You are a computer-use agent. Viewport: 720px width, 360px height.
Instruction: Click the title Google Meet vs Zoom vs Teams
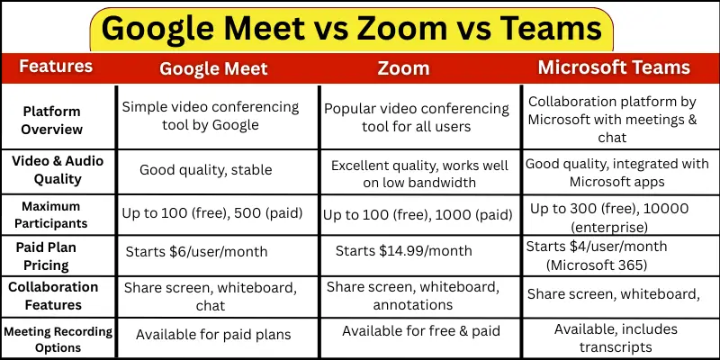[351, 28]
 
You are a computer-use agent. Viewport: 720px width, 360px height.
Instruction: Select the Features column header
[56, 67]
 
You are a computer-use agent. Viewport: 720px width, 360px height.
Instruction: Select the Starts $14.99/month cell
[405, 250]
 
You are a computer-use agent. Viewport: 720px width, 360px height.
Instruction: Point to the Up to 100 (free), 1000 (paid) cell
[418, 215]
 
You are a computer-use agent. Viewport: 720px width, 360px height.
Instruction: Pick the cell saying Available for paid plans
[213, 334]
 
